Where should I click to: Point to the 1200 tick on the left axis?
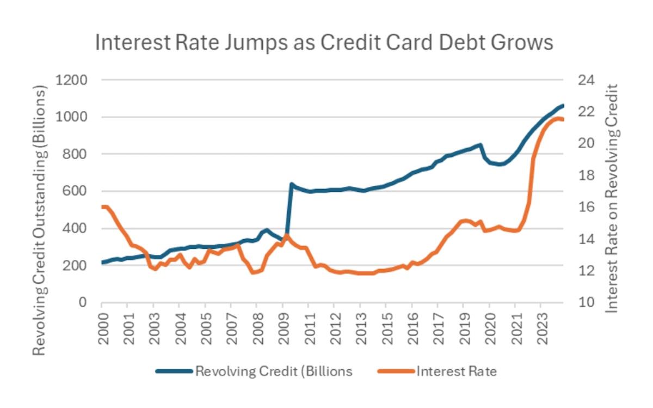coord(72,80)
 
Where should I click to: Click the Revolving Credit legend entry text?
coord(274,372)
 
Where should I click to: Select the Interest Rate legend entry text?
coord(457,372)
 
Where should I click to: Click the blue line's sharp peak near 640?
coord(292,184)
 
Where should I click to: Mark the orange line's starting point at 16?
coord(103,207)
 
